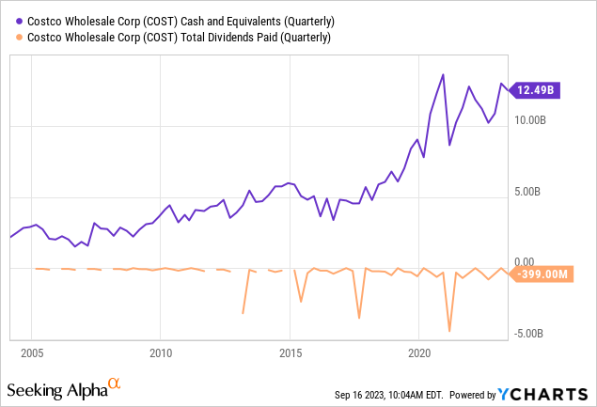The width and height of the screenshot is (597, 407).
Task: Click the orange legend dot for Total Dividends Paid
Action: [x=10, y=37]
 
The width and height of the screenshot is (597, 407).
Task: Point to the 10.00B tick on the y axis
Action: [x=530, y=121]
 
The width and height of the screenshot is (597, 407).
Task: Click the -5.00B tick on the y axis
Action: [x=528, y=333]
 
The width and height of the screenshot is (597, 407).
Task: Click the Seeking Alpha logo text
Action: [x=55, y=389]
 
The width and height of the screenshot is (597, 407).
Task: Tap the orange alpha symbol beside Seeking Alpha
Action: [x=114, y=384]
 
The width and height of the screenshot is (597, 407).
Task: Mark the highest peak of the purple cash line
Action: [x=443, y=74]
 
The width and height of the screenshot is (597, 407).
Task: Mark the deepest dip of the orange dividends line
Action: [x=449, y=331]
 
